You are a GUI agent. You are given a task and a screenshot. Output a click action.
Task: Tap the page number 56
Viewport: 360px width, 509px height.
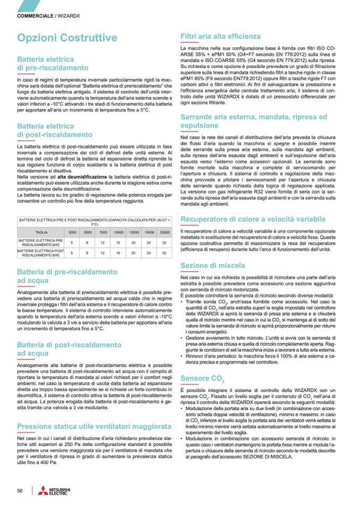point(20,490)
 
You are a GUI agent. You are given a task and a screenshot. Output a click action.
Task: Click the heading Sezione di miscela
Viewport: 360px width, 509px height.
point(212,265)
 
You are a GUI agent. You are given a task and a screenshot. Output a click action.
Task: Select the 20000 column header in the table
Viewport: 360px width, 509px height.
point(165,232)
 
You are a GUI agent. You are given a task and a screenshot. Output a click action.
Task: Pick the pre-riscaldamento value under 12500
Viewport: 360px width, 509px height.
point(134,243)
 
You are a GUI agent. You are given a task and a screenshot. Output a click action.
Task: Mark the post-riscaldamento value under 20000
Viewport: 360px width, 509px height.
point(165,253)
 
